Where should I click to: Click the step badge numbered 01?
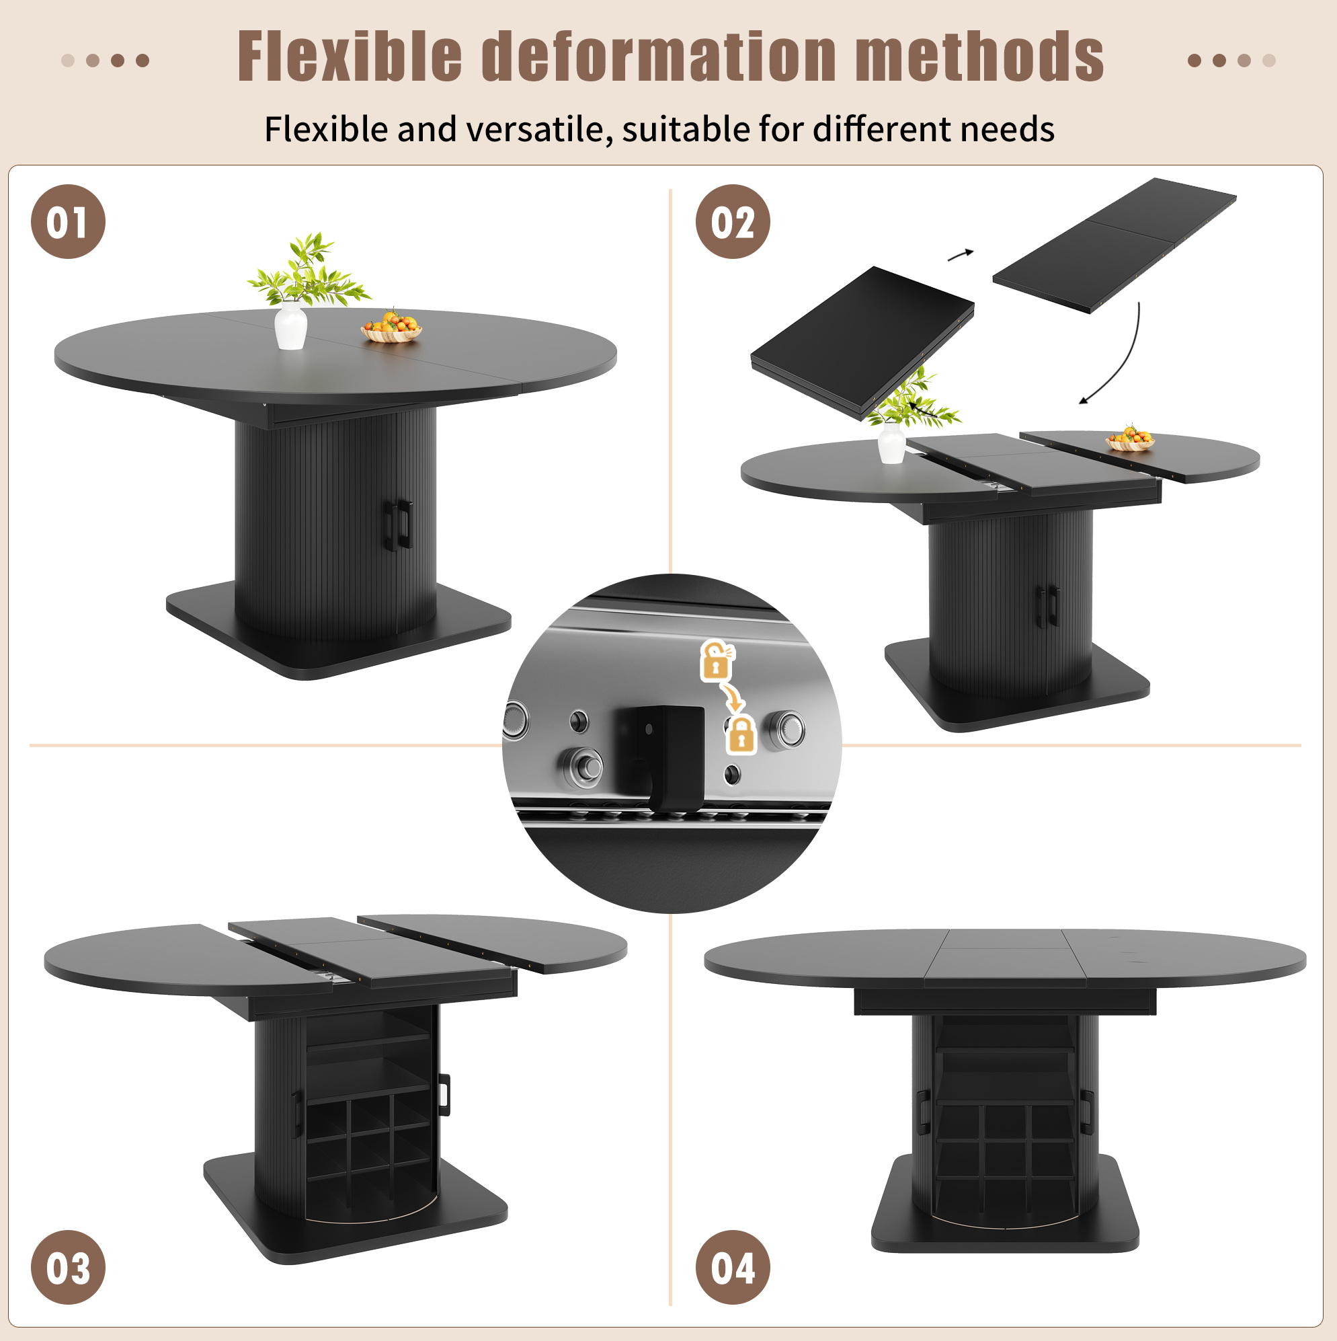(68, 221)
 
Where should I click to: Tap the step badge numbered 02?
(733, 221)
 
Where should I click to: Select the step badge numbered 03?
(68, 1268)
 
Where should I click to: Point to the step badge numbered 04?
(733, 1268)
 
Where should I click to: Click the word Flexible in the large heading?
(350, 57)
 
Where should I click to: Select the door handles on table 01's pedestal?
(397, 525)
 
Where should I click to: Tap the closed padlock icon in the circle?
(741, 735)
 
